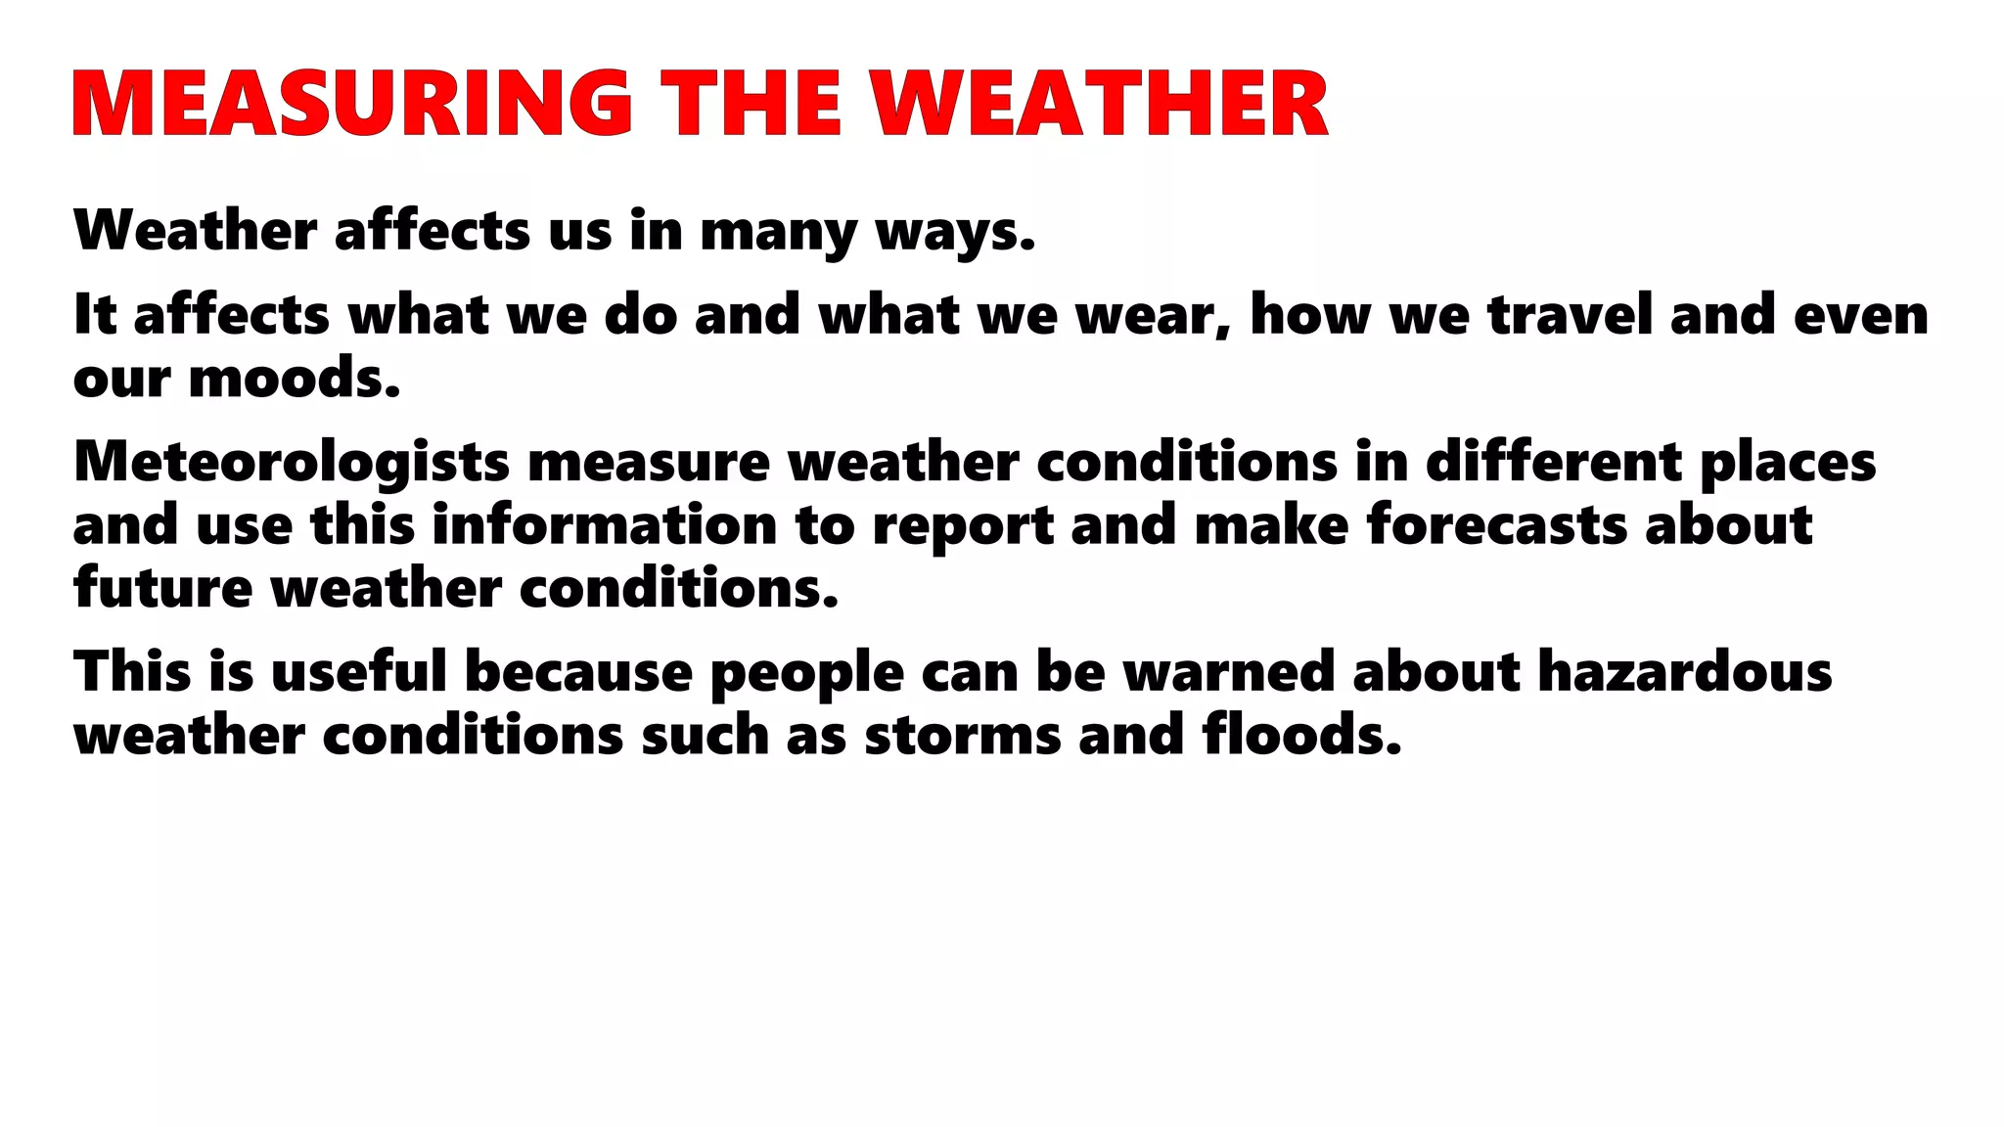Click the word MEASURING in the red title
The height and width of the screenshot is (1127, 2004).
click(352, 103)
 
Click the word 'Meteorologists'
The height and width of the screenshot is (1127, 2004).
click(292, 463)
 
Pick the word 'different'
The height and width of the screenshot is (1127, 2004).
click(1553, 462)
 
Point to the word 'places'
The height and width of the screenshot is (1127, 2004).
click(1788, 463)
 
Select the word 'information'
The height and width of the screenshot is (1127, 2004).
click(605, 525)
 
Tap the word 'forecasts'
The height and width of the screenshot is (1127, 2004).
click(1496, 525)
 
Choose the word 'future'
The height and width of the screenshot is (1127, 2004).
click(162, 589)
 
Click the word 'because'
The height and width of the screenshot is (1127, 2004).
click(578, 673)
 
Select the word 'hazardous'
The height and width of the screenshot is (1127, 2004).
click(1685, 673)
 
